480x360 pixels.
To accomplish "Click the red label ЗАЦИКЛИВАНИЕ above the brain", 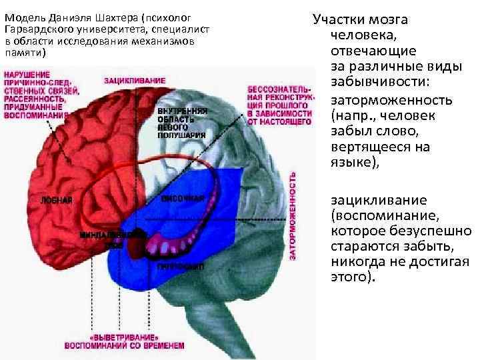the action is [135, 81].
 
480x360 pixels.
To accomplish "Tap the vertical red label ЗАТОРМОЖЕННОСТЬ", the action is [293, 215].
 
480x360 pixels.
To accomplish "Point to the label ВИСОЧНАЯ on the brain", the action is [181, 198].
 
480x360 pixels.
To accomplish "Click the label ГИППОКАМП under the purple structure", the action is [175, 266].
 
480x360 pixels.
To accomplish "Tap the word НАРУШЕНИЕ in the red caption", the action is [27, 74].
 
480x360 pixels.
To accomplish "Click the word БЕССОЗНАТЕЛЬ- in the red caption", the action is [278, 90].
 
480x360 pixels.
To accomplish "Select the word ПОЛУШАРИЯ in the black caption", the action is [182, 135].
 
